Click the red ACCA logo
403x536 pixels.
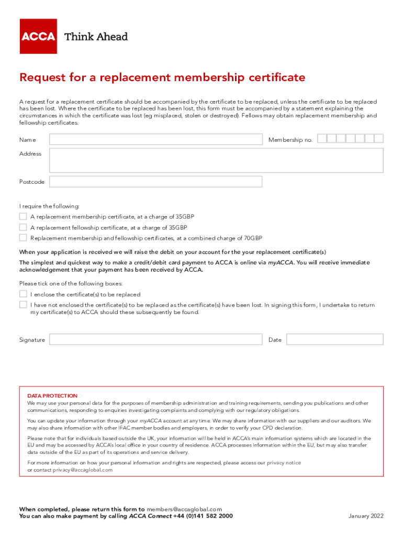[x=38, y=36]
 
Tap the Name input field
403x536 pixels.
[x=155, y=139]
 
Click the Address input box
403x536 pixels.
[x=216, y=160]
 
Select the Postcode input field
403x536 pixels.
[x=155, y=182]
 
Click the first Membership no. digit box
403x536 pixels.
[x=322, y=139]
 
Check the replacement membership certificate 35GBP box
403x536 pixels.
[x=23, y=217]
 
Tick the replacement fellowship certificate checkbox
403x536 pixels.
[x=23, y=227]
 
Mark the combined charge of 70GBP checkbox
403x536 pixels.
[x=23, y=238]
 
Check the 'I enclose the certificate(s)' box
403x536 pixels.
[x=23, y=294]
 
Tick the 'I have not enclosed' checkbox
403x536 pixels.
[x=23, y=304]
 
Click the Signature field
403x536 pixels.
[x=155, y=340]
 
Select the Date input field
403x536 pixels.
[x=335, y=340]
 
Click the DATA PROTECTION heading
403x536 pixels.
[x=52, y=396]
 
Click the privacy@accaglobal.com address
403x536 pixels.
[x=82, y=470]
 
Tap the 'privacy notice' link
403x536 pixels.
[x=284, y=463]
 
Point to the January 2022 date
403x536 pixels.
[x=366, y=516]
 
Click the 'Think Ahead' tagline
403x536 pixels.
[x=96, y=37]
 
